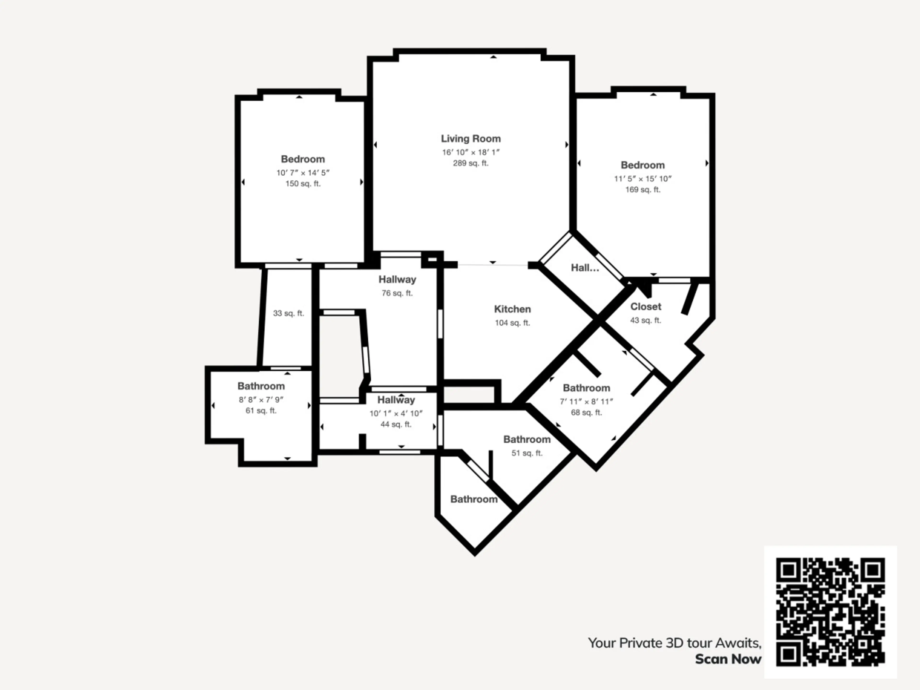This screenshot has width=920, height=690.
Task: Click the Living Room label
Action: click(x=471, y=139)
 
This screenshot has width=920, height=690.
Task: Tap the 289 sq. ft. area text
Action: click(x=471, y=163)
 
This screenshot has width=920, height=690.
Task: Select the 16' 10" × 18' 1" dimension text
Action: click(x=471, y=152)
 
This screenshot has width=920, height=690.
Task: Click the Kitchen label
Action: click(x=512, y=309)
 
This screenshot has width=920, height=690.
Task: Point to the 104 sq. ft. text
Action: click(x=512, y=323)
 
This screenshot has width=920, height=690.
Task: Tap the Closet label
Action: click(x=645, y=306)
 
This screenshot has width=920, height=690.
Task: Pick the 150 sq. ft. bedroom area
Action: click(x=303, y=184)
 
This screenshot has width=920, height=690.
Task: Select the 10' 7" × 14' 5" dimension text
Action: click(x=303, y=172)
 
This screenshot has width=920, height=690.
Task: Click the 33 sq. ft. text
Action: click(x=288, y=313)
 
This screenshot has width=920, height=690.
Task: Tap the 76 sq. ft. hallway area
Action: click(x=397, y=293)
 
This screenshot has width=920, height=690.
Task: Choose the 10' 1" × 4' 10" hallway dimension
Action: click(x=396, y=414)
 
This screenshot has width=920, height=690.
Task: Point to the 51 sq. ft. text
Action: click(x=527, y=453)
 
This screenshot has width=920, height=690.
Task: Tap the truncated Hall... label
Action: click(x=585, y=268)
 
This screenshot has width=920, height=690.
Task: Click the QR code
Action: click(x=830, y=612)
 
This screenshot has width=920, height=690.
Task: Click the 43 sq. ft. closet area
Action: click(x=645, y=320)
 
